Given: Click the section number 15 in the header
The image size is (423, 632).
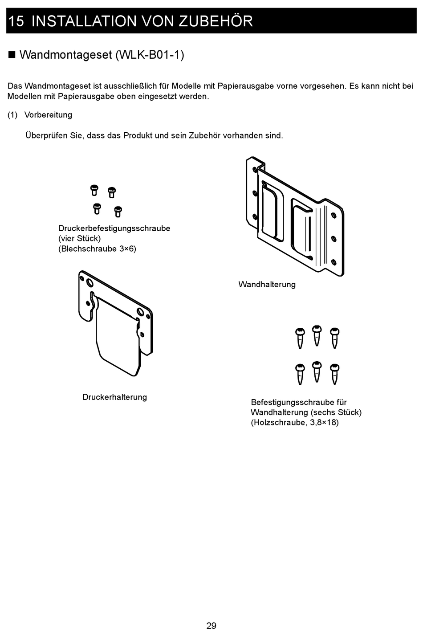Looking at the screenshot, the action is click(16, 21).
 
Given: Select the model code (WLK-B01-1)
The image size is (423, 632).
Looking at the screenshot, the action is click(150, 55).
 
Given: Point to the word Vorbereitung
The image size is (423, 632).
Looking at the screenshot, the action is click(48, 115).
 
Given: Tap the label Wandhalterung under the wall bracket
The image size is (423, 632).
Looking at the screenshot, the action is click(267, 284).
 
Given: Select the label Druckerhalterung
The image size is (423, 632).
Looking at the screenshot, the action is click(114, 397).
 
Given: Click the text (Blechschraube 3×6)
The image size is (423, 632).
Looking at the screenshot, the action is click(97, 249).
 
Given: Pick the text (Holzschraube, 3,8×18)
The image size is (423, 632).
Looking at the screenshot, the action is click(295, 422).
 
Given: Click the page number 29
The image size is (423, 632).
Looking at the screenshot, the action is click(211, 625).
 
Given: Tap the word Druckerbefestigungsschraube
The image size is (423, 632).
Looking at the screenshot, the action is click(114, 228).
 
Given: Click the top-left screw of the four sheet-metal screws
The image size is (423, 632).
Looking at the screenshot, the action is click(94, 190).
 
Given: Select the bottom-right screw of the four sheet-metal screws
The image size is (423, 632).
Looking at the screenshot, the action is click(118, 212).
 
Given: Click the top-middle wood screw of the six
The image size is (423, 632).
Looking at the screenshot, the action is click(317, 335).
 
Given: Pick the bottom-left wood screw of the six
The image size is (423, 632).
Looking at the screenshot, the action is click(300, 375).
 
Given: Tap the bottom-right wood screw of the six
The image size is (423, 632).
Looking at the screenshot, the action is click(335, 374).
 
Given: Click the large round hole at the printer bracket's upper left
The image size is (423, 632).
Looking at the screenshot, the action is click(89, 283).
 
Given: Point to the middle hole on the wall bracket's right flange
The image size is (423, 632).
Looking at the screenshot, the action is click(334, 239).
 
